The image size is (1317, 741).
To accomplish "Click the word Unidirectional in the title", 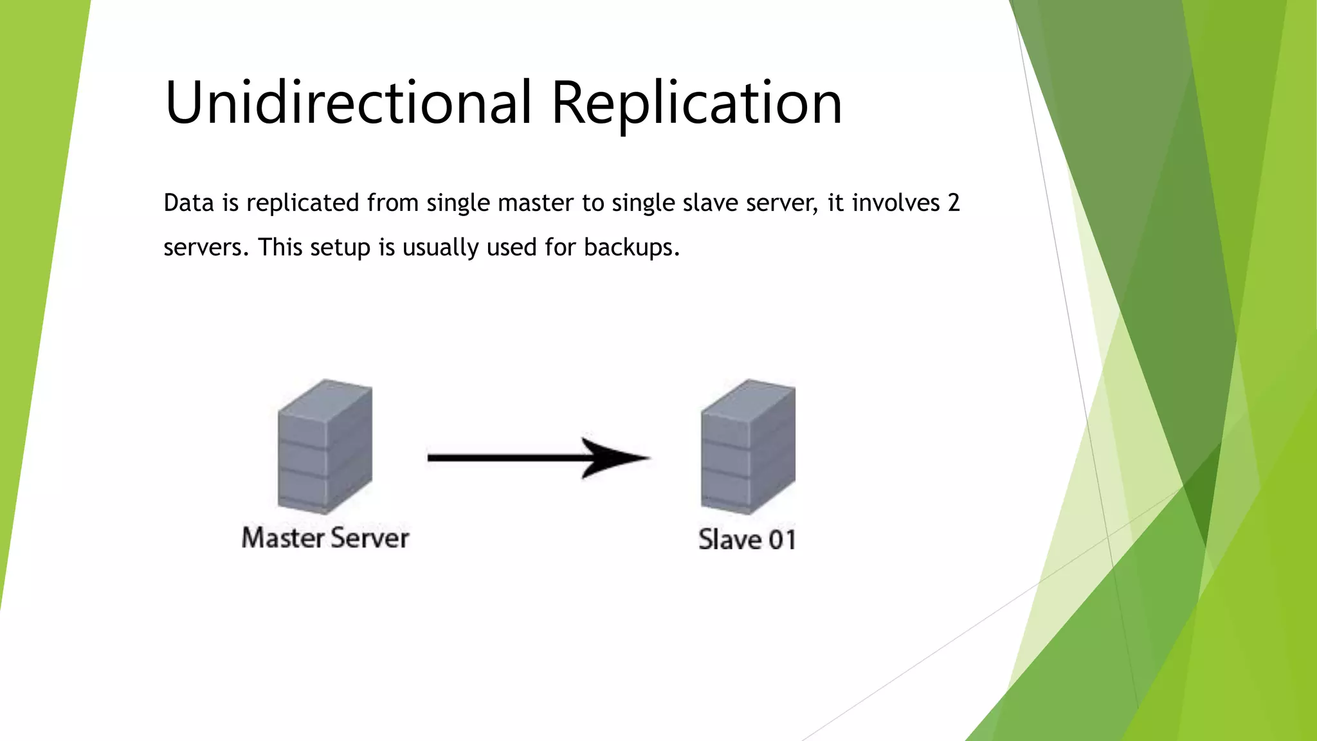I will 348,103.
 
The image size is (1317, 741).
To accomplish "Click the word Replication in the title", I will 696,103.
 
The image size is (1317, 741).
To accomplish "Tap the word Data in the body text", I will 188,203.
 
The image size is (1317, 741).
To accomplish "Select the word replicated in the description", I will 303,203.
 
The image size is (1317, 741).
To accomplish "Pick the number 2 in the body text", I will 953,203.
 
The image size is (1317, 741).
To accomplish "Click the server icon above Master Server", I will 325,446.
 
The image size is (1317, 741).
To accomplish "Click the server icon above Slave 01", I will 748,446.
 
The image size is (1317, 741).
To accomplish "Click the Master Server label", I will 325,538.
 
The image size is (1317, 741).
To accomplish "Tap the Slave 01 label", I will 747,540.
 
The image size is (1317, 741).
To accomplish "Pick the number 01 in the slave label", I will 782,540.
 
